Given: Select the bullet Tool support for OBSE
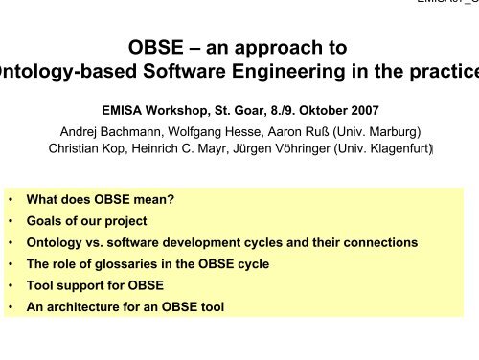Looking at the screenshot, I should click(x=94, y=284).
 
